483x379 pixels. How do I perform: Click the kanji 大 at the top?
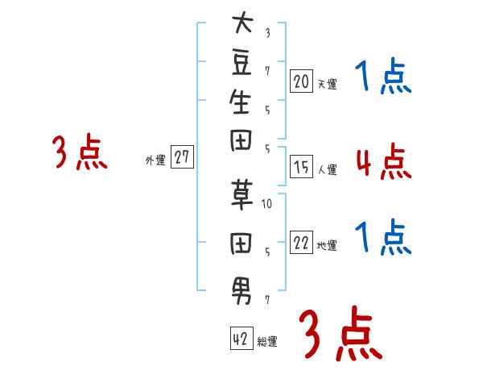[x=242, y=22]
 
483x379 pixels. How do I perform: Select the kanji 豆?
[x=242, y=63]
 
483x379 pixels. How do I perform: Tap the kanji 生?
[x=240, y=102]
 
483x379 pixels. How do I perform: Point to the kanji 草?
[x=242, y=195]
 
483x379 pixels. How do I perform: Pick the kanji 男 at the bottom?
[x=242, y=292]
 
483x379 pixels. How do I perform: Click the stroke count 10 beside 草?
[x=266, y=204]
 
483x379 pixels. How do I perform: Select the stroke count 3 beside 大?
[x=268, y=33]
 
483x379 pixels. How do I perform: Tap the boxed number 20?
[x=301, y=81]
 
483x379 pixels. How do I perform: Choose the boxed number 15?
[x=301, y=167]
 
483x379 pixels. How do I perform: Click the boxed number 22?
[x=301, y=242]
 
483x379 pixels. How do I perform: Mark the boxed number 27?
[x=182, y=156]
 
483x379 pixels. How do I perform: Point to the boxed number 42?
[x=242, y=338]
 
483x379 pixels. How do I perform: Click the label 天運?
[x=327, y=84]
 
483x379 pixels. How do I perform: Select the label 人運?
[x=327, y=169]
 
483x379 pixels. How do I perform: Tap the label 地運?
[x=327, y=245]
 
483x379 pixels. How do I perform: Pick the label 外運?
[x=155, y=160]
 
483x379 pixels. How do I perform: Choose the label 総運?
[x=267, y=341]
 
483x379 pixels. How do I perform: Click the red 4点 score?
[x=383, y=161]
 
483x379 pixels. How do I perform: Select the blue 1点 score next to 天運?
[x=383, y=76]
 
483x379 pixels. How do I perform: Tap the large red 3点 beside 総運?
[x=341, y=333]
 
